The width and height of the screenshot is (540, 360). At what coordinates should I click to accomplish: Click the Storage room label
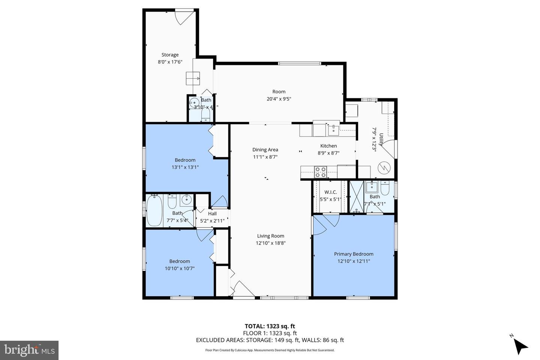170,55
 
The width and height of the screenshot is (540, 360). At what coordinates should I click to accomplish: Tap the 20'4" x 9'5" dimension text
279,99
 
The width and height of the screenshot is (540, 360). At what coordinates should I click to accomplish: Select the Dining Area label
265,150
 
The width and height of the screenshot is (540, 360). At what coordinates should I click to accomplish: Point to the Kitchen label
328,146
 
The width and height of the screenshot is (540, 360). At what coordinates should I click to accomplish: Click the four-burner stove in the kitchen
320,172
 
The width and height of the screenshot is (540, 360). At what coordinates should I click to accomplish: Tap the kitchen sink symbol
333,130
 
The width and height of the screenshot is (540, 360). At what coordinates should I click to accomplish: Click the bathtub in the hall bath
154,211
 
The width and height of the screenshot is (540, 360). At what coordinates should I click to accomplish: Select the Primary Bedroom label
354,254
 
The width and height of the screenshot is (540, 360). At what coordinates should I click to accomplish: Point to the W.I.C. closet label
330,192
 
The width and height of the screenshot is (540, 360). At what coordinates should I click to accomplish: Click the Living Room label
270,236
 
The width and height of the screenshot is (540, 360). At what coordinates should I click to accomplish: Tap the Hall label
212,214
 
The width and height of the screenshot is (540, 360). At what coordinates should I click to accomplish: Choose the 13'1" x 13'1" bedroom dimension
185,167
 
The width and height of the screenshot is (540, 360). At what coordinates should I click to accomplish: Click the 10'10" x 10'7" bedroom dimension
179,268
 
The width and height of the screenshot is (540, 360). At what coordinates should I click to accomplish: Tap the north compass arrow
520,346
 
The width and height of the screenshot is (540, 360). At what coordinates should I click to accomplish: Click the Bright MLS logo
29,350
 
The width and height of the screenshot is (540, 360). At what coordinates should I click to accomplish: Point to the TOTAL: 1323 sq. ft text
270,326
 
